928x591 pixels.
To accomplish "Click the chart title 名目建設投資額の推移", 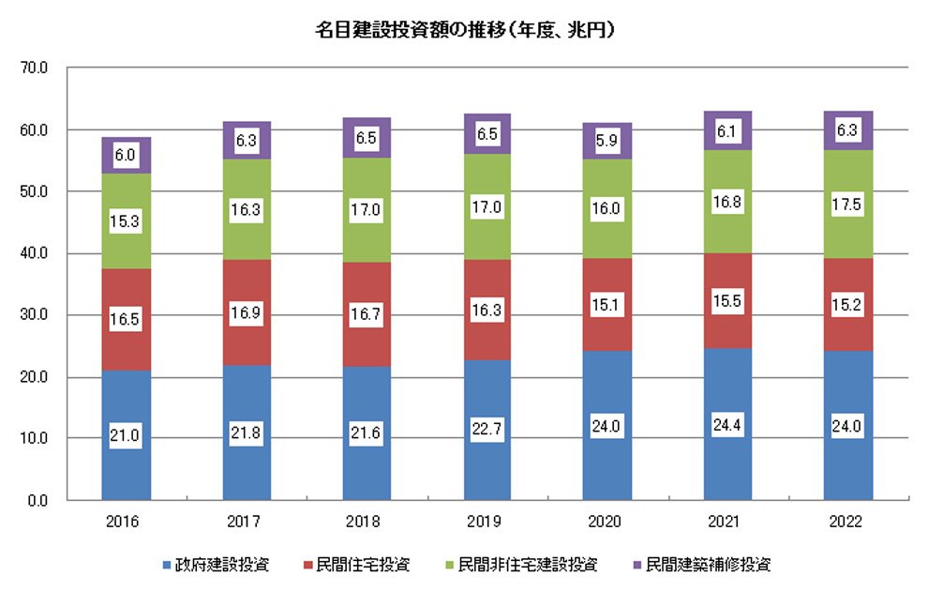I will pyautogui.click(x=465, y=30).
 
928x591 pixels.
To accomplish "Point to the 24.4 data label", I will pyautogui.click(x=728, y=422).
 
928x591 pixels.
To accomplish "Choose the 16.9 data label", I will pyautogui.click(x=247, y=311).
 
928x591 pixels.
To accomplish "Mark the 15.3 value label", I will pyautogui.click(x=127, y=221).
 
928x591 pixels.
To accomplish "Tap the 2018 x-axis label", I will pyautogui.click(x=367, y=522).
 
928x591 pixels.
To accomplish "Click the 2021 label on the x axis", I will pyautogui.click(x=728, y=522).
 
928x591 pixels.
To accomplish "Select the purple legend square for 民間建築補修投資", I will pyautogui.click(x=637, y=565).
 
